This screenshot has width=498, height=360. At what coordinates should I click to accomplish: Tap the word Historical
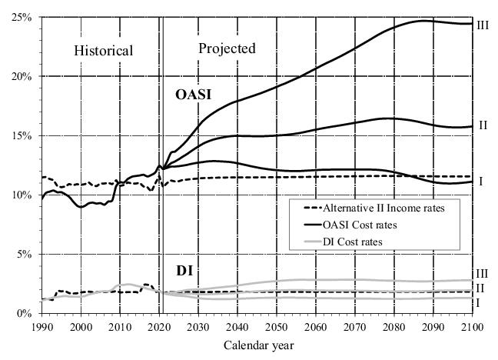point(104,51)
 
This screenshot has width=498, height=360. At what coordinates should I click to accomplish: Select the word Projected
point(227,48)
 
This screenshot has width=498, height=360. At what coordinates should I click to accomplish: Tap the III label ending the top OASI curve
point(483,25)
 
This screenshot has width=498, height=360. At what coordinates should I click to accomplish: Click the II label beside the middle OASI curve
point(483,125)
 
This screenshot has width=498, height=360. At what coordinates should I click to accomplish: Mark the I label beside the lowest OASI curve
point(480,182)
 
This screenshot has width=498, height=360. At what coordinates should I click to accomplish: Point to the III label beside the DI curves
point(483,273)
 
